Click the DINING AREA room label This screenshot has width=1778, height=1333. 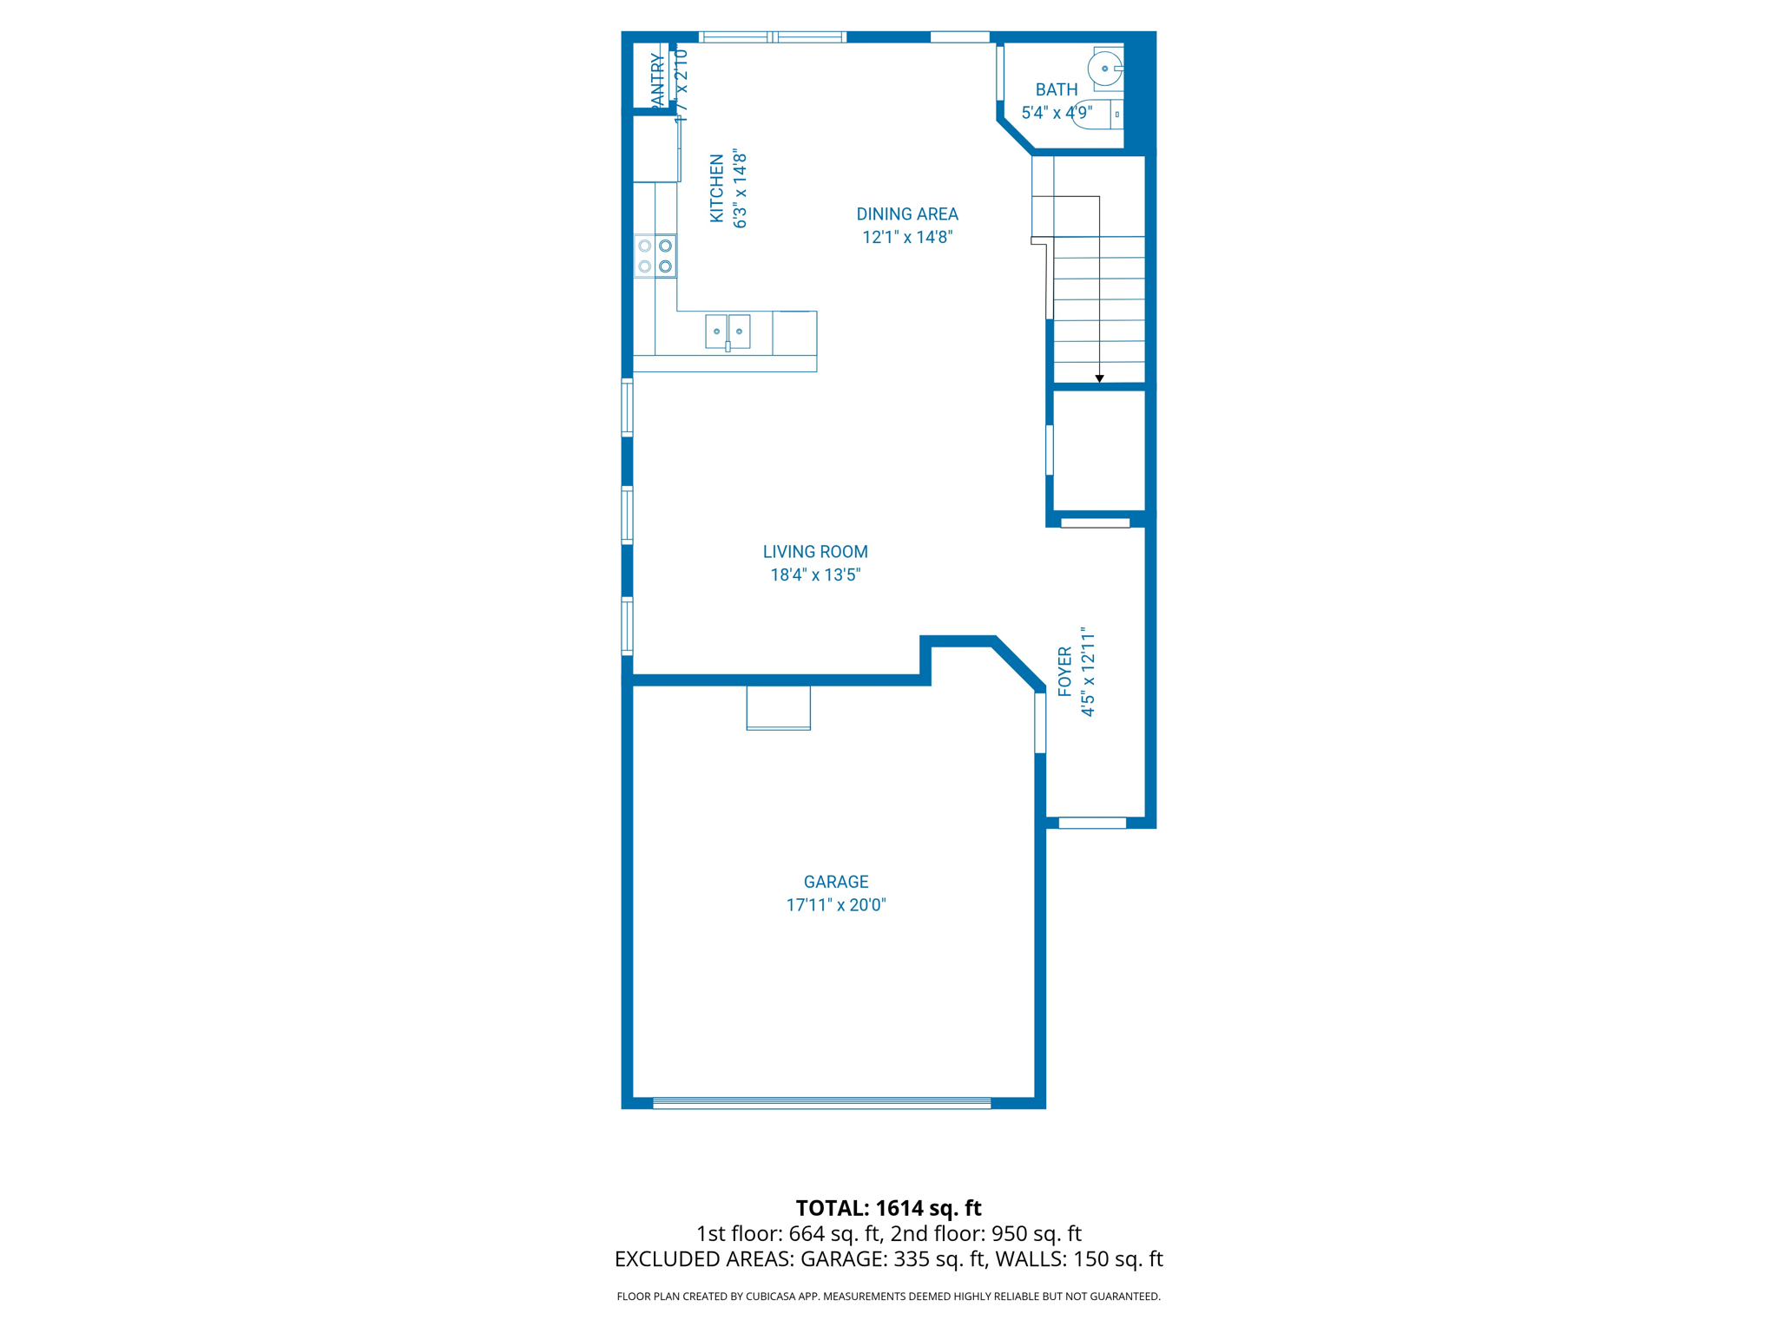point(907,214)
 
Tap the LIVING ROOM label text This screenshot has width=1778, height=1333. point(815,552)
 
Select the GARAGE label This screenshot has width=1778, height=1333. point(835,882)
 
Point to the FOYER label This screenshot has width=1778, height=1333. point(1065,672)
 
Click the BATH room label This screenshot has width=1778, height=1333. point(1057,90)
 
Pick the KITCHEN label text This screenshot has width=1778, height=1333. point(717,188)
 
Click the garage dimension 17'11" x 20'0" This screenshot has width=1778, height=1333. point(835,905)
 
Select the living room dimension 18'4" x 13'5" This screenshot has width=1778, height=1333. point(815,575)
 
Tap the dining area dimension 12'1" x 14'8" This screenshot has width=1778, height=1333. point(907,237)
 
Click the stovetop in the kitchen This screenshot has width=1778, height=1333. point(655,256)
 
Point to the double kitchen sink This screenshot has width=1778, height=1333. point(728,332)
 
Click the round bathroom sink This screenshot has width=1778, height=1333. point(1105,68)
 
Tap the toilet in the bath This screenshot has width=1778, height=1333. point(1096,115)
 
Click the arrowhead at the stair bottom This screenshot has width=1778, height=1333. point(1099,378)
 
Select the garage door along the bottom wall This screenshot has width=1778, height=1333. point(821,1103)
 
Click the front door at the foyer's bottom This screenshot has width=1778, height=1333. point(1092,823)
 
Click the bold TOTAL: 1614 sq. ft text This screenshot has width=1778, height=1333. point(888,1208)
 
